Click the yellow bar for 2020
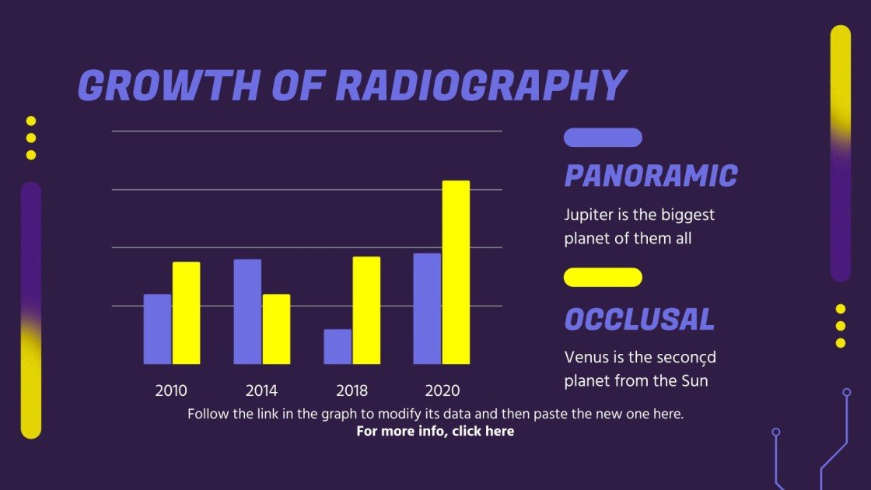tap(456, 272)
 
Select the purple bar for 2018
tap(338, 347)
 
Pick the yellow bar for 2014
tap(276, 329)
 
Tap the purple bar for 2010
tap(157, 329)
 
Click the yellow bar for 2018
tap(366, 310)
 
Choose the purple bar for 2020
tap(427, 309)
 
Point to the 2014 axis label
tap(261, 390)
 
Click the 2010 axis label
tap(171, 390)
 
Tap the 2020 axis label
tap(442, 390)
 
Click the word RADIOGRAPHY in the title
tap(480, 86)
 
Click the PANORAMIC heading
tap(650, 177)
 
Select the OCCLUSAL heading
tap(639, 320)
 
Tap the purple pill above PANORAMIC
tap(603, 138)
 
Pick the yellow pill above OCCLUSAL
tap(603, 278)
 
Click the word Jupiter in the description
tap(588, 215)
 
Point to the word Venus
tap(585, 358)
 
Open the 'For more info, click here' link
tap(435, 431)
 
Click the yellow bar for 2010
tap(186, 313)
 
